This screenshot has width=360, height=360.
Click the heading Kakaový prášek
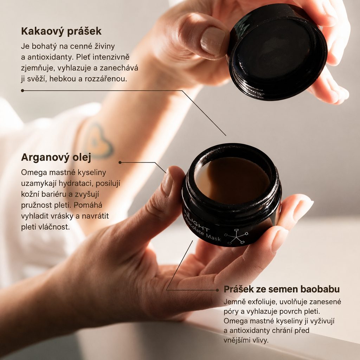pos(61,31)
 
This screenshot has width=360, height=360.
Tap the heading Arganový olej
pos(56,157)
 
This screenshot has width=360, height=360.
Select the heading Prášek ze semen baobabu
pos(282,289)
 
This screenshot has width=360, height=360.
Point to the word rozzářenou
pos(106,79)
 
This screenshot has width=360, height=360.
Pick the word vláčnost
pos(55,227)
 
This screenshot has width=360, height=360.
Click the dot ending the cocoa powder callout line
pos(22,91)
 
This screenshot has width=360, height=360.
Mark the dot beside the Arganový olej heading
pos(120,162)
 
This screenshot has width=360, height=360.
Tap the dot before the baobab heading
pos(217,290)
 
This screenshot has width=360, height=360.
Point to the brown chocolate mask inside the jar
pos(232,181)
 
